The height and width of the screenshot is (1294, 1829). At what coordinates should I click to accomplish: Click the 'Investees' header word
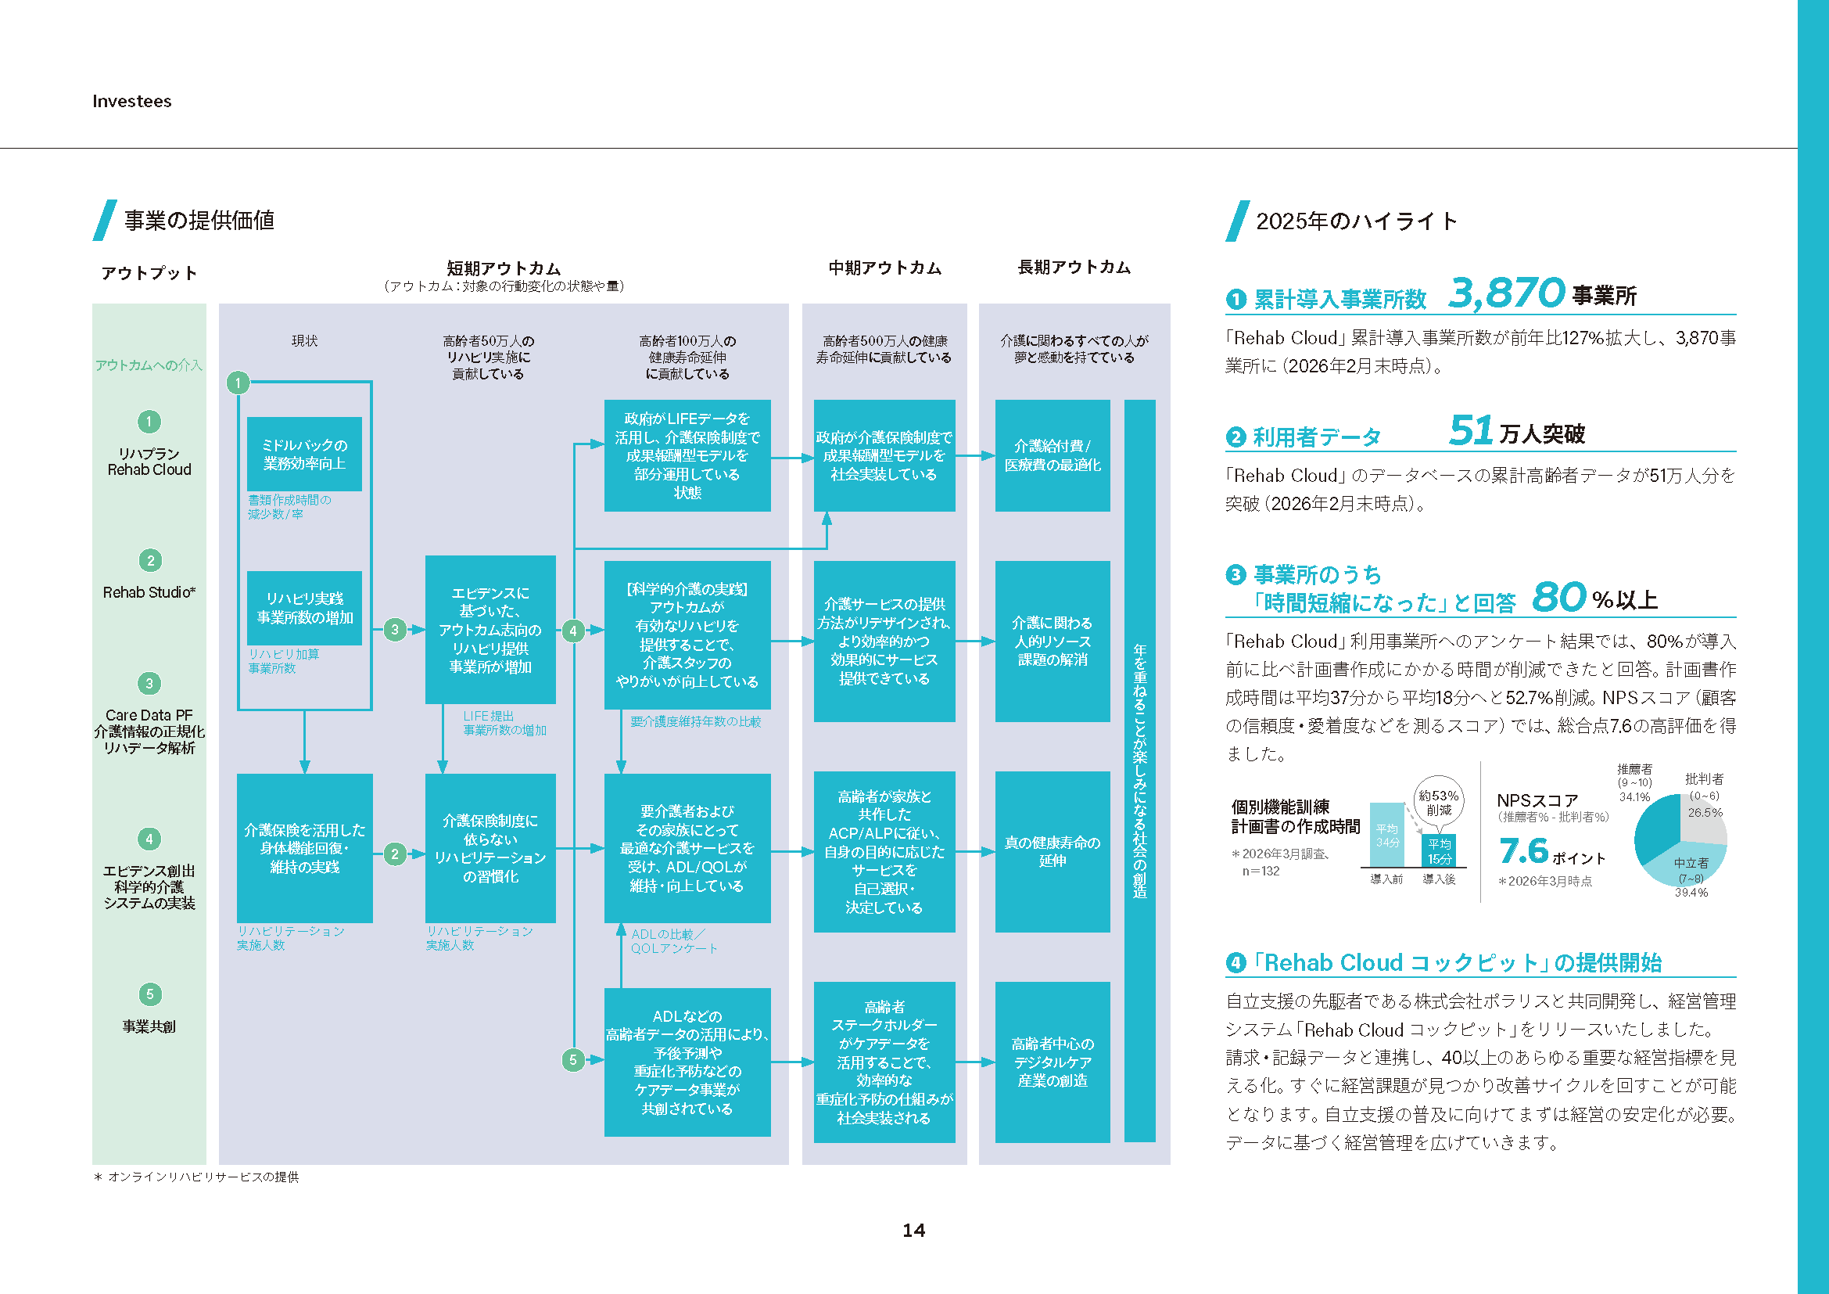(x=131, y=101)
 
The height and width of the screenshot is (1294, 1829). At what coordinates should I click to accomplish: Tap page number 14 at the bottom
(x=913, y=1231)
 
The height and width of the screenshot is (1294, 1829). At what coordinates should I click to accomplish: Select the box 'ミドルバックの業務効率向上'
(x=304, y=455)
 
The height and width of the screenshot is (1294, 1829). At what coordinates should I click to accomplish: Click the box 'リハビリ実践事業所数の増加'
(x=304, y=608)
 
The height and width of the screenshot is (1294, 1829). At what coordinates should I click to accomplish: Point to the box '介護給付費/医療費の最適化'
(x=1052, y=456)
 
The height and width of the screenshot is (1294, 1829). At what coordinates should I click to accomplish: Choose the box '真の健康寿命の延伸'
(x=1052, y=852)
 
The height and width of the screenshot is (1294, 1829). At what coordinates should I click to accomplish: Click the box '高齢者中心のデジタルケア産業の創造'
(x=1052, y=1062)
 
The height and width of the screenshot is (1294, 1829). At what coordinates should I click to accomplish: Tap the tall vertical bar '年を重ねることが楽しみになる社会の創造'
(x=1139, y=771)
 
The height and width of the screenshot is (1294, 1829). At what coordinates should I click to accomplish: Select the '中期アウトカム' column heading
(x=884, y=268)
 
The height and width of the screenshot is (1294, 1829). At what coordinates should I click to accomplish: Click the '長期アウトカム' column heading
(x=1074, y=268)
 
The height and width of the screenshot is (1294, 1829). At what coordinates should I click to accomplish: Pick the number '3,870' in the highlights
(x=1506, y=293)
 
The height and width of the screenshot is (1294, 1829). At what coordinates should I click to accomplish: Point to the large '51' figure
(x=1470, y=431)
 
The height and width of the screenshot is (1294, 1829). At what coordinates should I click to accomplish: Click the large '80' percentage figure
(x=1558, y=598)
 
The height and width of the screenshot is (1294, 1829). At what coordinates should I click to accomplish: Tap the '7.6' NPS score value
(x=1523, y=851)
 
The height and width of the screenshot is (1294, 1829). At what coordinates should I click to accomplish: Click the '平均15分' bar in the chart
(x=1439, y=851)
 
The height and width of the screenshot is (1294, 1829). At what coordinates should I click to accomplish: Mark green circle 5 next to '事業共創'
(x=149, y=994)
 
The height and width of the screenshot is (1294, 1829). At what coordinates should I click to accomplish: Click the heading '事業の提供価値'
(x=199, y=221)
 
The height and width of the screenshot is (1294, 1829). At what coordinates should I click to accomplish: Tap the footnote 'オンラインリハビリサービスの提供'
(x=203, y=1177)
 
